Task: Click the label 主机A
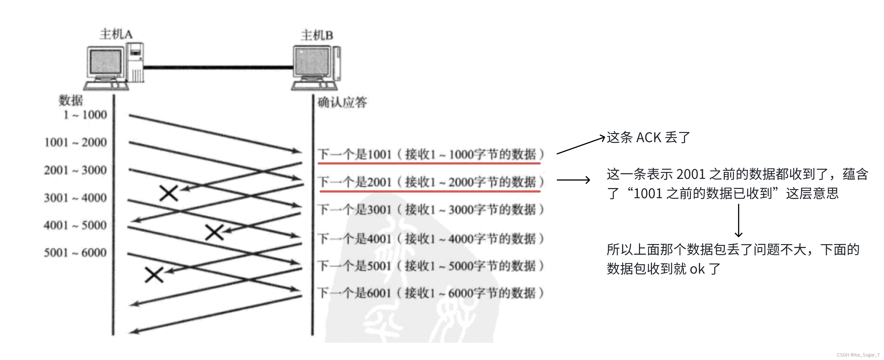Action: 116,34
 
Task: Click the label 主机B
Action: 317,35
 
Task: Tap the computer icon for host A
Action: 114,66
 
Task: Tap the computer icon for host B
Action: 316,67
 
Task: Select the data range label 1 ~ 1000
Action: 85,115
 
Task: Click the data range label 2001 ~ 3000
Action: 76,170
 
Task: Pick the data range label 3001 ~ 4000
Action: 76,198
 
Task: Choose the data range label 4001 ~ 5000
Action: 76,225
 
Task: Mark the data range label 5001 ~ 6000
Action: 76,252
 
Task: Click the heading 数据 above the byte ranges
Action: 71,100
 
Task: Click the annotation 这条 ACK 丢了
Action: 648,137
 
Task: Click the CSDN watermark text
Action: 858,355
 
